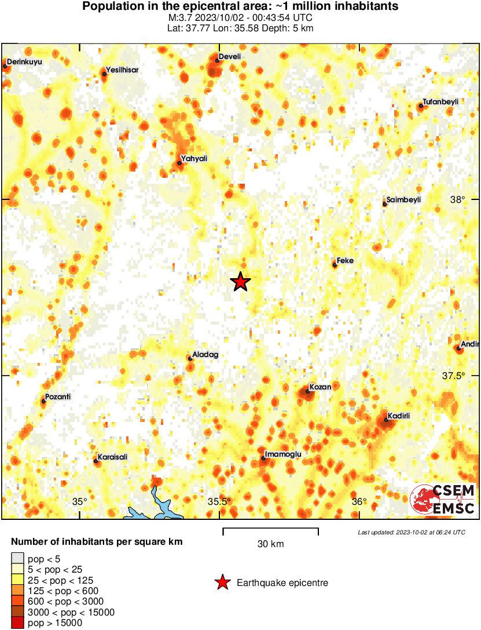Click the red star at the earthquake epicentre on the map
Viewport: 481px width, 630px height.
pos(240,282)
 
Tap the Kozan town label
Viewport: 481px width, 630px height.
pos(320,387)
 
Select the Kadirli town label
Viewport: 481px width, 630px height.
pos(399,415)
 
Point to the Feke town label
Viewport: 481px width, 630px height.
pos(346,261)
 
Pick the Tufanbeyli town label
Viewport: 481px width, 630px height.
pos(440,101)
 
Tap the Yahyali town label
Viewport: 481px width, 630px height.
pos(194,158)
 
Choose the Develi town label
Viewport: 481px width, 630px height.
pos(230,56)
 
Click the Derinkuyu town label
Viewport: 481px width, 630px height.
pos(25,61)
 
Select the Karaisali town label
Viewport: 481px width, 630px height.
pos(112,457)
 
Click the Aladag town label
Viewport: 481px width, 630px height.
pos(206,355)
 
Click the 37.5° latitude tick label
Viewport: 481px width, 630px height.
pos(454,376)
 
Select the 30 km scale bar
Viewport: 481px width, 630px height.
pos(270,529)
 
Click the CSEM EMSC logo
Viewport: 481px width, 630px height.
pos(443,499)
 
